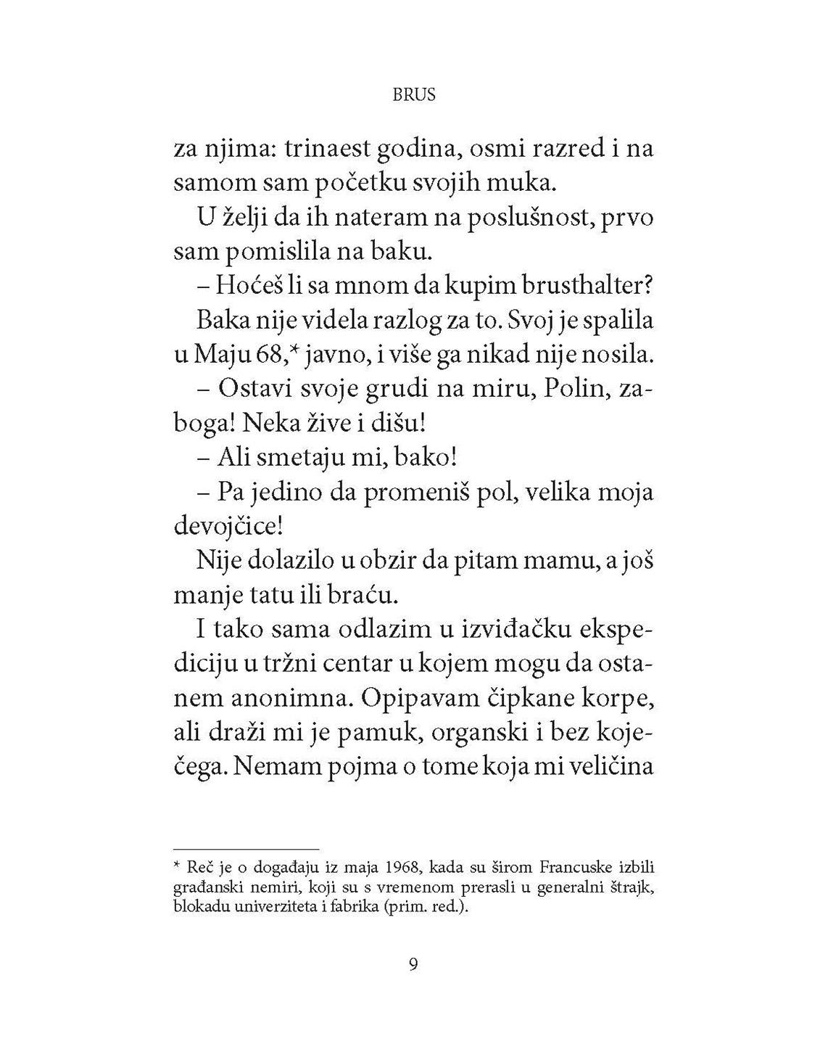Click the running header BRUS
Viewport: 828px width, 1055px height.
point(413,95)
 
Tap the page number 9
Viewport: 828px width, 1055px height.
point(413,964)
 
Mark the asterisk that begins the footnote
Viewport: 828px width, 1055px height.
point(177,866)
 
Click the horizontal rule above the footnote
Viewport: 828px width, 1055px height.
point(247,847)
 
